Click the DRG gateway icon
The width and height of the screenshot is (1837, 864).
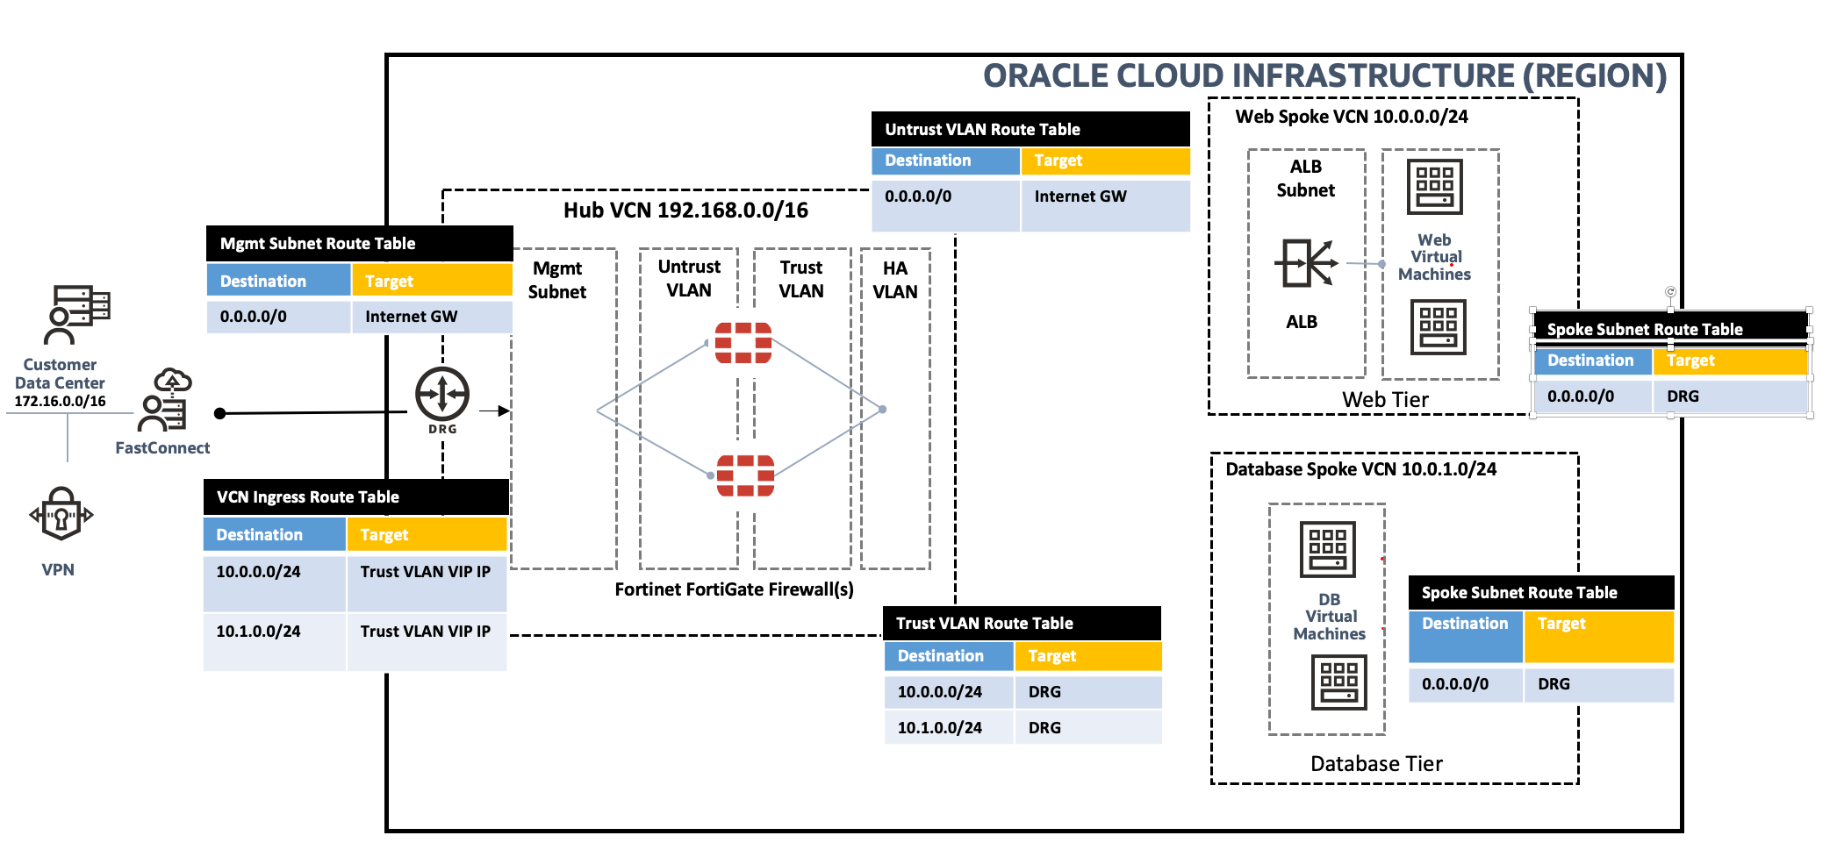tap(442, 396)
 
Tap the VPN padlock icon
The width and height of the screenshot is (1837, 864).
tap(61, 514)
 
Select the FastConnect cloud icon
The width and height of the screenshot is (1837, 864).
tap(173, 380)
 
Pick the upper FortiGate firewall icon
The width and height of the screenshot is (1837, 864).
tap(743, 343)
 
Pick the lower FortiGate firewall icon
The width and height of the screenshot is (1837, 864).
tap(745, 475)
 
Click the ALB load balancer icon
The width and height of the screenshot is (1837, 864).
tap(1305, 262)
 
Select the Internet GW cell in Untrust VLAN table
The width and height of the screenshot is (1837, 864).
tap(1080, 196)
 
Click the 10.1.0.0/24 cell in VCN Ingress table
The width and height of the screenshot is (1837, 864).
tap(258, 632)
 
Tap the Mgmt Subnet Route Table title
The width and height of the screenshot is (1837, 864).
tap(318, 244)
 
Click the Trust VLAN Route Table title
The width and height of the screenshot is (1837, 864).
tap(984, 624)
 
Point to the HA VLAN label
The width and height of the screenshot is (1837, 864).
tap(895, 280)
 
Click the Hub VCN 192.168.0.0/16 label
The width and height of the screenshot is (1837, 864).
tap(685, 211)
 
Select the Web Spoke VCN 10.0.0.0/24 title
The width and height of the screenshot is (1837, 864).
tap(1352, 117)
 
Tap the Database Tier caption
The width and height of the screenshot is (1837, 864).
tap(1376, 764)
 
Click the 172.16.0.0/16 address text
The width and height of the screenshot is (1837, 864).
tap(60, 402)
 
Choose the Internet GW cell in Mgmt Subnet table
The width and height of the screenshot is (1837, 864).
tap(411, 317)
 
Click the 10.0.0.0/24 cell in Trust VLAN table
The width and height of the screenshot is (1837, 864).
tap(939, 692)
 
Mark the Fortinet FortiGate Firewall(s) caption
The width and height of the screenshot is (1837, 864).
tap(734, 589)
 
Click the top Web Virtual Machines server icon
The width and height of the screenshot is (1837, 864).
tap(1434, 187)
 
